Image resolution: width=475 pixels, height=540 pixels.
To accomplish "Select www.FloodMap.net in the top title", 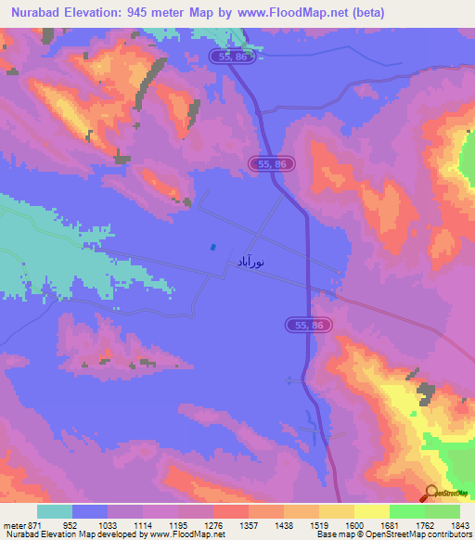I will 296,13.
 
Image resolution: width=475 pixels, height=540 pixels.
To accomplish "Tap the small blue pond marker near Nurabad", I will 213,247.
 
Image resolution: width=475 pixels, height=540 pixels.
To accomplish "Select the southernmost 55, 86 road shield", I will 306,325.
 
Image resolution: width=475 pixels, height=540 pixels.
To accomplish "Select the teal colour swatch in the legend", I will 55,511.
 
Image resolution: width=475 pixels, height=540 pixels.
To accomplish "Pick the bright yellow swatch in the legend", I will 371,511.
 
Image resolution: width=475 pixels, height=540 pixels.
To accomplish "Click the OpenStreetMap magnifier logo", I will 430,494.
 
